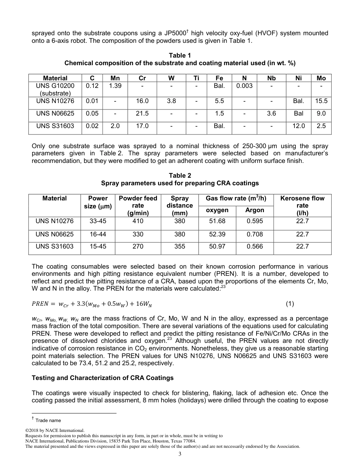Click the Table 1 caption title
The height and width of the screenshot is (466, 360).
coord(180,55)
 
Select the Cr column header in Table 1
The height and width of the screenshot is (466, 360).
coord(142,78)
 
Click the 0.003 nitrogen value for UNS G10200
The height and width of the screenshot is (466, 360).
coord(244,86)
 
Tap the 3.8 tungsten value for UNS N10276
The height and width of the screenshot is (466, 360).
coord(171,101)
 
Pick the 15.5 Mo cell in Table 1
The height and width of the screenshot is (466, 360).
coord(321,101)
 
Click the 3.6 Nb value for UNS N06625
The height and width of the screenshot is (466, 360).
coord(271,113)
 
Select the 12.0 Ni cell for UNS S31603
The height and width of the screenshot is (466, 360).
coord(298,126)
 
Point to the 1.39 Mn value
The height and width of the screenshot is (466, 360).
coord(115,86)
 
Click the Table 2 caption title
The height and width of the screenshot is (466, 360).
coord(180,175)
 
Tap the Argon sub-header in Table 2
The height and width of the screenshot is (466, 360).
coord(255,210)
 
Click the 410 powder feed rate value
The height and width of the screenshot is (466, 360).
coord(138,221)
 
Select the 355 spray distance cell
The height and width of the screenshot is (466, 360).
coord(180,246)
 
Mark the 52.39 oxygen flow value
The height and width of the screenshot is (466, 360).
coord(217,234)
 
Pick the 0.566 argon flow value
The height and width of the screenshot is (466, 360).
coord(255,246)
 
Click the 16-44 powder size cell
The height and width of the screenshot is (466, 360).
coord(98,234)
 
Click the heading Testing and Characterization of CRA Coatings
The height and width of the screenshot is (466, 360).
coord(103,378)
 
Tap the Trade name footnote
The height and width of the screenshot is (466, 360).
coord(48,420)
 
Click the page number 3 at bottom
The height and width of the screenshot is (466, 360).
coord(180,454)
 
